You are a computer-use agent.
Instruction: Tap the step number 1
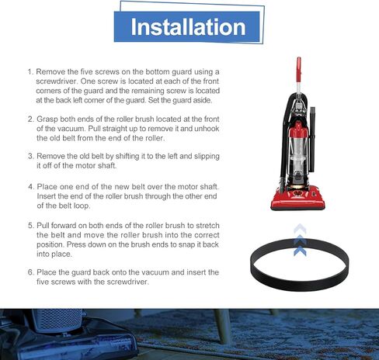pos(30,71)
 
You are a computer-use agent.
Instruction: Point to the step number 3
pos(30,155)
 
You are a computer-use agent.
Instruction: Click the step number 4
pos(30,186)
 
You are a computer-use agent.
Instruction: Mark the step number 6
pos(30,272)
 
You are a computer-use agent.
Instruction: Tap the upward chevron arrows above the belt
pos(300,233)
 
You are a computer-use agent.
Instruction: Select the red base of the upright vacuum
pos(299,198)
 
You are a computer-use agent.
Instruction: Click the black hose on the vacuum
pos(315,132)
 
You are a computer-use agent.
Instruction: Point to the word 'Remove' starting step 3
pos(54,155)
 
